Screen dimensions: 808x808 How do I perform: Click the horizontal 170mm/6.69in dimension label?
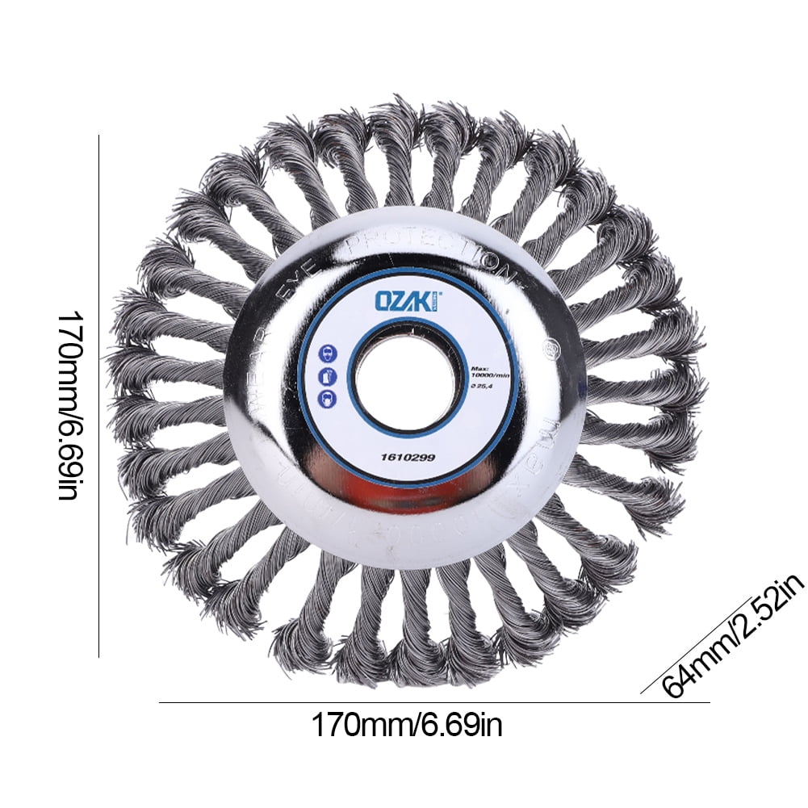[x=407, y=725]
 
